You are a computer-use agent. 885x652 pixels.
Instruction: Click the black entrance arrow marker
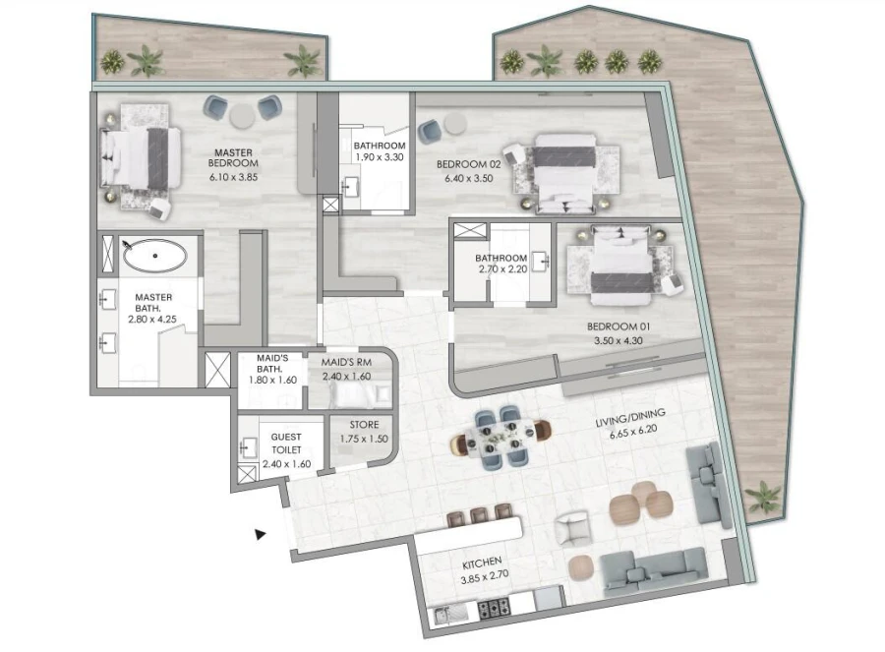[261, 534]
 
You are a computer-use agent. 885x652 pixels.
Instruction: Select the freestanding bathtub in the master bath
[155, 257]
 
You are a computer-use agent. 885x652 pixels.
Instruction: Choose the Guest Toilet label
[286, 443]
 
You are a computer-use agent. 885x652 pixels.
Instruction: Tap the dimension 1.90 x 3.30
[379, 158]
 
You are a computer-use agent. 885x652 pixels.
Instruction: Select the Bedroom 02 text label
[469, 166]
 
